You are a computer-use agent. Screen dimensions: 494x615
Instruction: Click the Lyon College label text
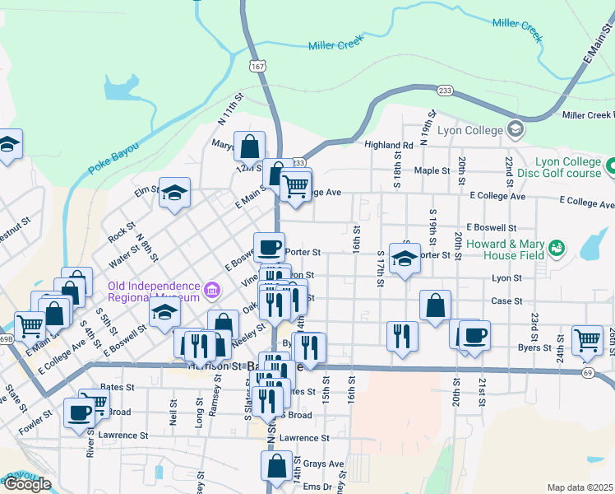point(469,130)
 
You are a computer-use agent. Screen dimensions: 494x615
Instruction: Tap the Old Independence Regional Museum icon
point(213,290)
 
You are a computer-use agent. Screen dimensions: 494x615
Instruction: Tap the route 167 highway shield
point(258,65)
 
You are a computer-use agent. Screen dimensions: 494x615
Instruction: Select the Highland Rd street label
point(389,145)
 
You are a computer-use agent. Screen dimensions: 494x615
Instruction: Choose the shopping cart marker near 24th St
point(588,338)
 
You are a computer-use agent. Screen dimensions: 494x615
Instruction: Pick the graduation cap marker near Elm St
point(174,193)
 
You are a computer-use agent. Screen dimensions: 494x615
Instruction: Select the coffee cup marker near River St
point(81,412)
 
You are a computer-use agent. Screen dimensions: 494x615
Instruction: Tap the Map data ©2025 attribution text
point(580,487)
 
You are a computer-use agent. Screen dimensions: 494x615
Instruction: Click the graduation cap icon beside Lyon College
point(516,129)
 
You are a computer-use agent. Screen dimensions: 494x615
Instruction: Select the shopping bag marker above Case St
point(435,305)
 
